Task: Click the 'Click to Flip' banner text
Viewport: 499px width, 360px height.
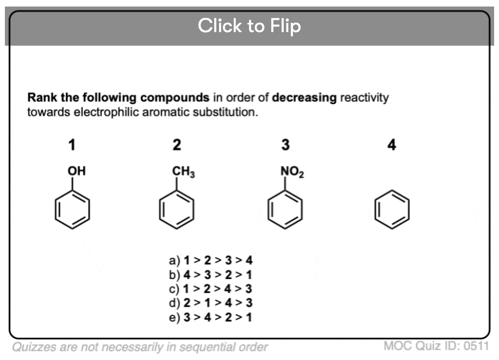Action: point(249,26)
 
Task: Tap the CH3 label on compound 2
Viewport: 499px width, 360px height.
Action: point(183,172)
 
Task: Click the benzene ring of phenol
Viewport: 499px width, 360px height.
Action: point(72,212)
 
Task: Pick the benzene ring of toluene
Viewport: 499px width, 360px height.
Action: point(176,212)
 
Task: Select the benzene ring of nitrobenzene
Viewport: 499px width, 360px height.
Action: point(285,212)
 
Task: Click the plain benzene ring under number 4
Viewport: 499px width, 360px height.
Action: point(392,212)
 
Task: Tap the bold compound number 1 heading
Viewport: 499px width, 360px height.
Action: point(71,145)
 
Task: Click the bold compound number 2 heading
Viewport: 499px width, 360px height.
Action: point(177,145)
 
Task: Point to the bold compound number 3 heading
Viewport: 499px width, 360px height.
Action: point(285,145)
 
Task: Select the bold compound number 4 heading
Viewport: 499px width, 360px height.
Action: point(392,145)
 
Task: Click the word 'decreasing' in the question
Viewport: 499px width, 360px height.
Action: point(304,98)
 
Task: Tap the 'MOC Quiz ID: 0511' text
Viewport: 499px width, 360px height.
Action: point(436,346)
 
